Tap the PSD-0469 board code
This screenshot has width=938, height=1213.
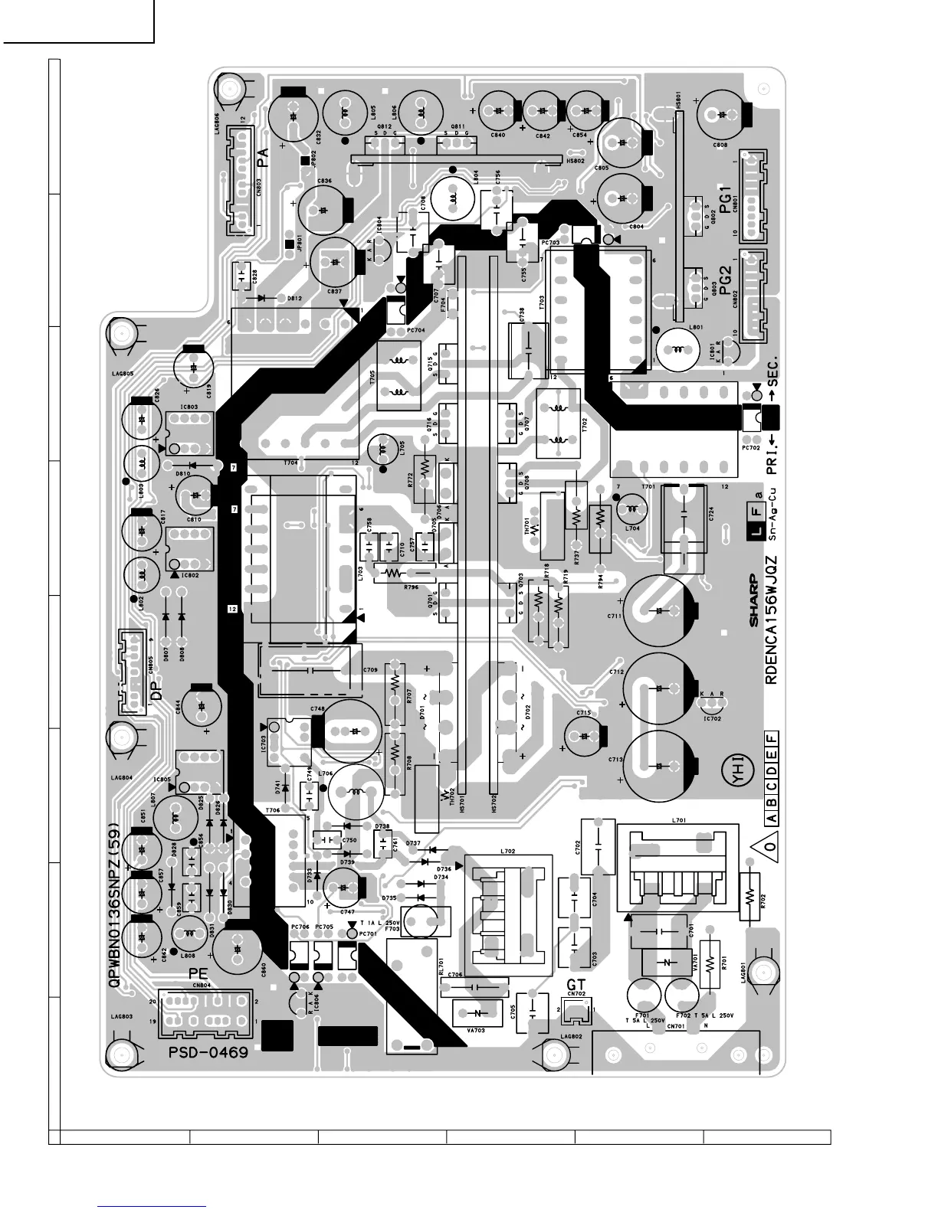[x=208, y=1053]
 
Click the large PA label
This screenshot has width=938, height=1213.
[x=264, y=159]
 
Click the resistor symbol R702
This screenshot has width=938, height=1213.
[x=751, y=896]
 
